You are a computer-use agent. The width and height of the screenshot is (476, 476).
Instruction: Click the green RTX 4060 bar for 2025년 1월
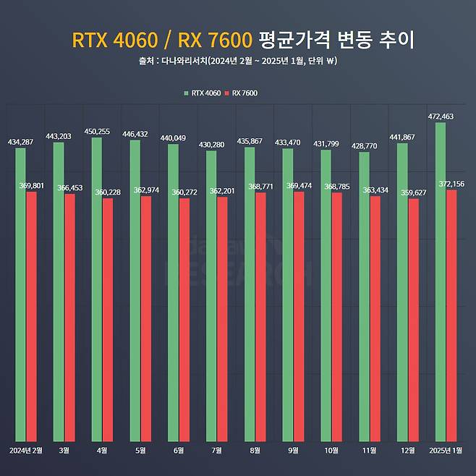click(441, 282)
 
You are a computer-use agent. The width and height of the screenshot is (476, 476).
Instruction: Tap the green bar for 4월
click(96, 289)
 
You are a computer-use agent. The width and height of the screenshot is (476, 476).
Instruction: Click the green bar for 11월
click(364, 297)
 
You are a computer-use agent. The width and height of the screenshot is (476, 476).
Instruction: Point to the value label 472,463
click(440, 116)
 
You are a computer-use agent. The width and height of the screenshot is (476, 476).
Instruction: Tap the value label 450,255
click(96, 131)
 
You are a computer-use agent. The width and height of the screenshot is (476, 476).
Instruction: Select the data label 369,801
click(31, 186)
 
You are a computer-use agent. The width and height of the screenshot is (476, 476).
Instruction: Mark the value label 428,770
click(364, 145)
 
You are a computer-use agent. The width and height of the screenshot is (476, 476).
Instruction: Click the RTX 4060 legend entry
click(203, 93)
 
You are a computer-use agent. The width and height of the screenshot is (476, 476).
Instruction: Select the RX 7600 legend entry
click(242, 93)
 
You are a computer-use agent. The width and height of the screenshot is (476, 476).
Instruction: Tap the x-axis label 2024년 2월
click(26, 450)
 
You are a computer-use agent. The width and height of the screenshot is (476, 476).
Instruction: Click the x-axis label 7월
click(217, 450)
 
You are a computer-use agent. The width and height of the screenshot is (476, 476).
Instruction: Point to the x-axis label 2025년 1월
click(446, 450)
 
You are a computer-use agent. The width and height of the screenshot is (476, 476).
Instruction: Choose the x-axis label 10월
click(331, 450)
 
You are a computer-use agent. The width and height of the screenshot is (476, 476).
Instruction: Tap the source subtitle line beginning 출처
click(237, 61)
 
